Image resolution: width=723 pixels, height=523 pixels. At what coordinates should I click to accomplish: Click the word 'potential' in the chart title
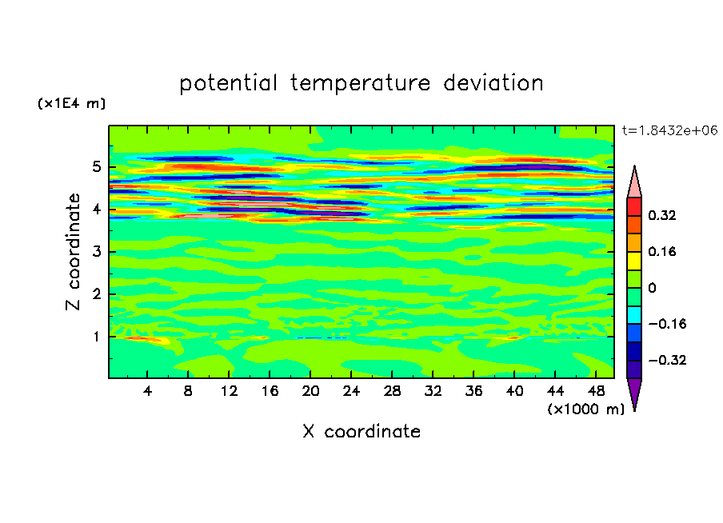(228, 83)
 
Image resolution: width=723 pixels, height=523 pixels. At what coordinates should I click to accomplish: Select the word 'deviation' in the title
(493, 83)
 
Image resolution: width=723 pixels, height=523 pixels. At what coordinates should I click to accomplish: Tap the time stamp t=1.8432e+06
(669, 130)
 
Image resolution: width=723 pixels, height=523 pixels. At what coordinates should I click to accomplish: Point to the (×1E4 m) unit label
(71, 103)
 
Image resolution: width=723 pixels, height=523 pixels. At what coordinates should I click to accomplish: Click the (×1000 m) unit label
(586, 409)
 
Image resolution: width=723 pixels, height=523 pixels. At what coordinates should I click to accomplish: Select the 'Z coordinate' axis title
(73, 252)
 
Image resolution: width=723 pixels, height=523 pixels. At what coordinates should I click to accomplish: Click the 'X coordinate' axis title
(362, 432)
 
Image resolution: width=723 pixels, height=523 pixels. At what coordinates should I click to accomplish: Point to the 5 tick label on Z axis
(96, 166)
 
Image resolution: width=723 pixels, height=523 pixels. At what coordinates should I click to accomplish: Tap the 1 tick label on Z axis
(96, 337)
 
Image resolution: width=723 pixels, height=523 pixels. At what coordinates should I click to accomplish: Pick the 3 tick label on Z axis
(96, 252)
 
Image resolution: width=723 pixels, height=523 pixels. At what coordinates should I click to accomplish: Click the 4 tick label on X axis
(147, 391)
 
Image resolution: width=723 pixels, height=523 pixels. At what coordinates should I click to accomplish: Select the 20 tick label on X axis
(310, 391)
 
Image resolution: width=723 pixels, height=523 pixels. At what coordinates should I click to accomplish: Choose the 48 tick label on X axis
(596, 391)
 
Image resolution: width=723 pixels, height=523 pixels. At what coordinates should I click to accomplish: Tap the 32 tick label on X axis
(433, 391)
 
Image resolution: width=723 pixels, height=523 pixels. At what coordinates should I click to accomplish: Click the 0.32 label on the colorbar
(662, 215)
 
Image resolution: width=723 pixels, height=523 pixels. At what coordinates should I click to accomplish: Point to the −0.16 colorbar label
(667, 324)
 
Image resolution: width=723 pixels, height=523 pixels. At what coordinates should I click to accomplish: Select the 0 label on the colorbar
(652, 288)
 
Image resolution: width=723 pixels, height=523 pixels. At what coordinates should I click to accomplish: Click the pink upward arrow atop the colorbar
(634, 182)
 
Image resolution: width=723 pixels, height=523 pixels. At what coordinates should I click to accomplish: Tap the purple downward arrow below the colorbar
(634, 393)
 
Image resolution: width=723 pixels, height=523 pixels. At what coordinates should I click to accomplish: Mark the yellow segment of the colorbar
(634, 261)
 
